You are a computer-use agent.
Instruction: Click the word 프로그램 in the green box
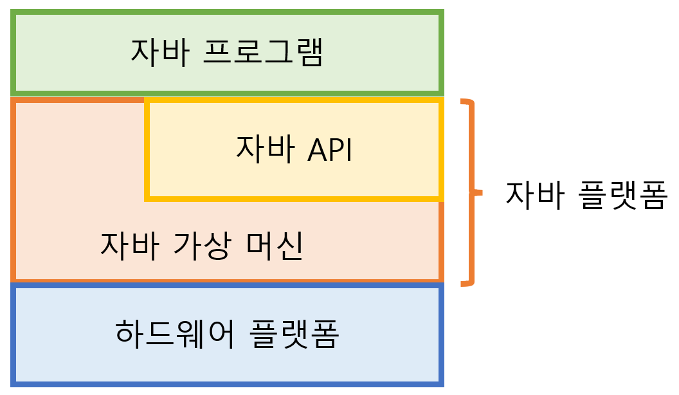point(263,52)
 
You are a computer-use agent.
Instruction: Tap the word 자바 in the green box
point(160,52)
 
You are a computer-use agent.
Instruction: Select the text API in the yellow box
point(330,150)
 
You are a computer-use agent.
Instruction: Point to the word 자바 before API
point(266,149)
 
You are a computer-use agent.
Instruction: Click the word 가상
point(202,245)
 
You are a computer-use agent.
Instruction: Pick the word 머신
point(275,245)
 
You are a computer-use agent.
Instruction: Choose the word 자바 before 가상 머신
point(129,245)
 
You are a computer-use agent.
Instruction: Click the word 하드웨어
point(175,333)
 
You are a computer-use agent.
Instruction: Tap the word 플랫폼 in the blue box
point(294,333)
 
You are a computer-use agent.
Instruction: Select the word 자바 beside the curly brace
point(535,195)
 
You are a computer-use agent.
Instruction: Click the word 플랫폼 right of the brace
point(622,195)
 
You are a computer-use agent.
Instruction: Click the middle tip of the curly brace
point(482,193)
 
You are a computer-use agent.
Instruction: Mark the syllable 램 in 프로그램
point(310,52)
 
